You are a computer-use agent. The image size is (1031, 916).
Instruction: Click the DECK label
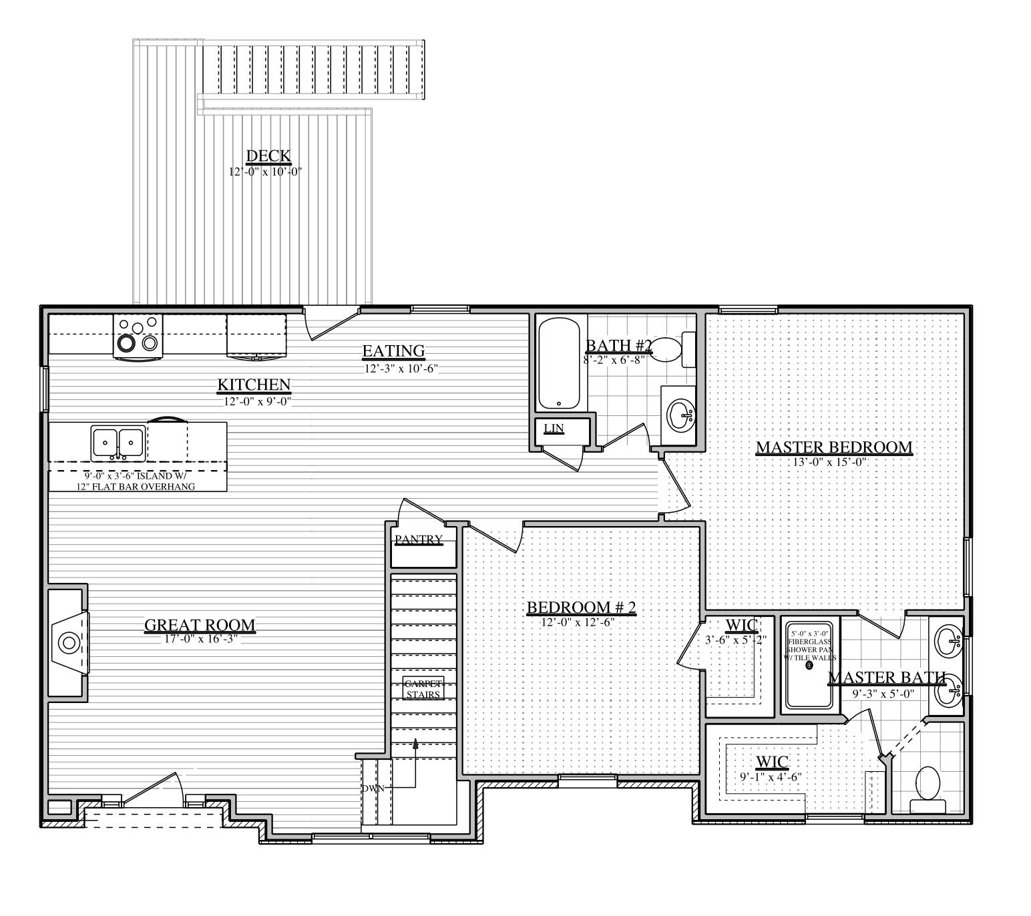[268, 156]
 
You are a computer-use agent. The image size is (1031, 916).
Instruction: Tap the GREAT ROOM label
[200, 625]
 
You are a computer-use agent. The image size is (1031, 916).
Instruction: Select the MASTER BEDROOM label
[833, 447]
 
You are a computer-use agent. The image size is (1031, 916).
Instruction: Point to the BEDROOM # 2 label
[581, 608]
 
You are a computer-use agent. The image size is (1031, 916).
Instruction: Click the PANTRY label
[419, 539]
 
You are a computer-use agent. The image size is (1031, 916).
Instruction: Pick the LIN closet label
[554, 428]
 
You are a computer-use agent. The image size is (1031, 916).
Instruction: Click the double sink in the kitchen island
[118, 443]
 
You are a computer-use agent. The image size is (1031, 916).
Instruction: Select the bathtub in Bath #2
[560, 364]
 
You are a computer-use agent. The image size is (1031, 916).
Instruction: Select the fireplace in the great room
[68, 644]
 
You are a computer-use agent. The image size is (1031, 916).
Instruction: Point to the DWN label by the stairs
[373, 788]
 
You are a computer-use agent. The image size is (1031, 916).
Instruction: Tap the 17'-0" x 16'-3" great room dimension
[200, 639]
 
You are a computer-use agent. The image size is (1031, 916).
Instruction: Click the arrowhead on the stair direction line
[415, 743]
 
